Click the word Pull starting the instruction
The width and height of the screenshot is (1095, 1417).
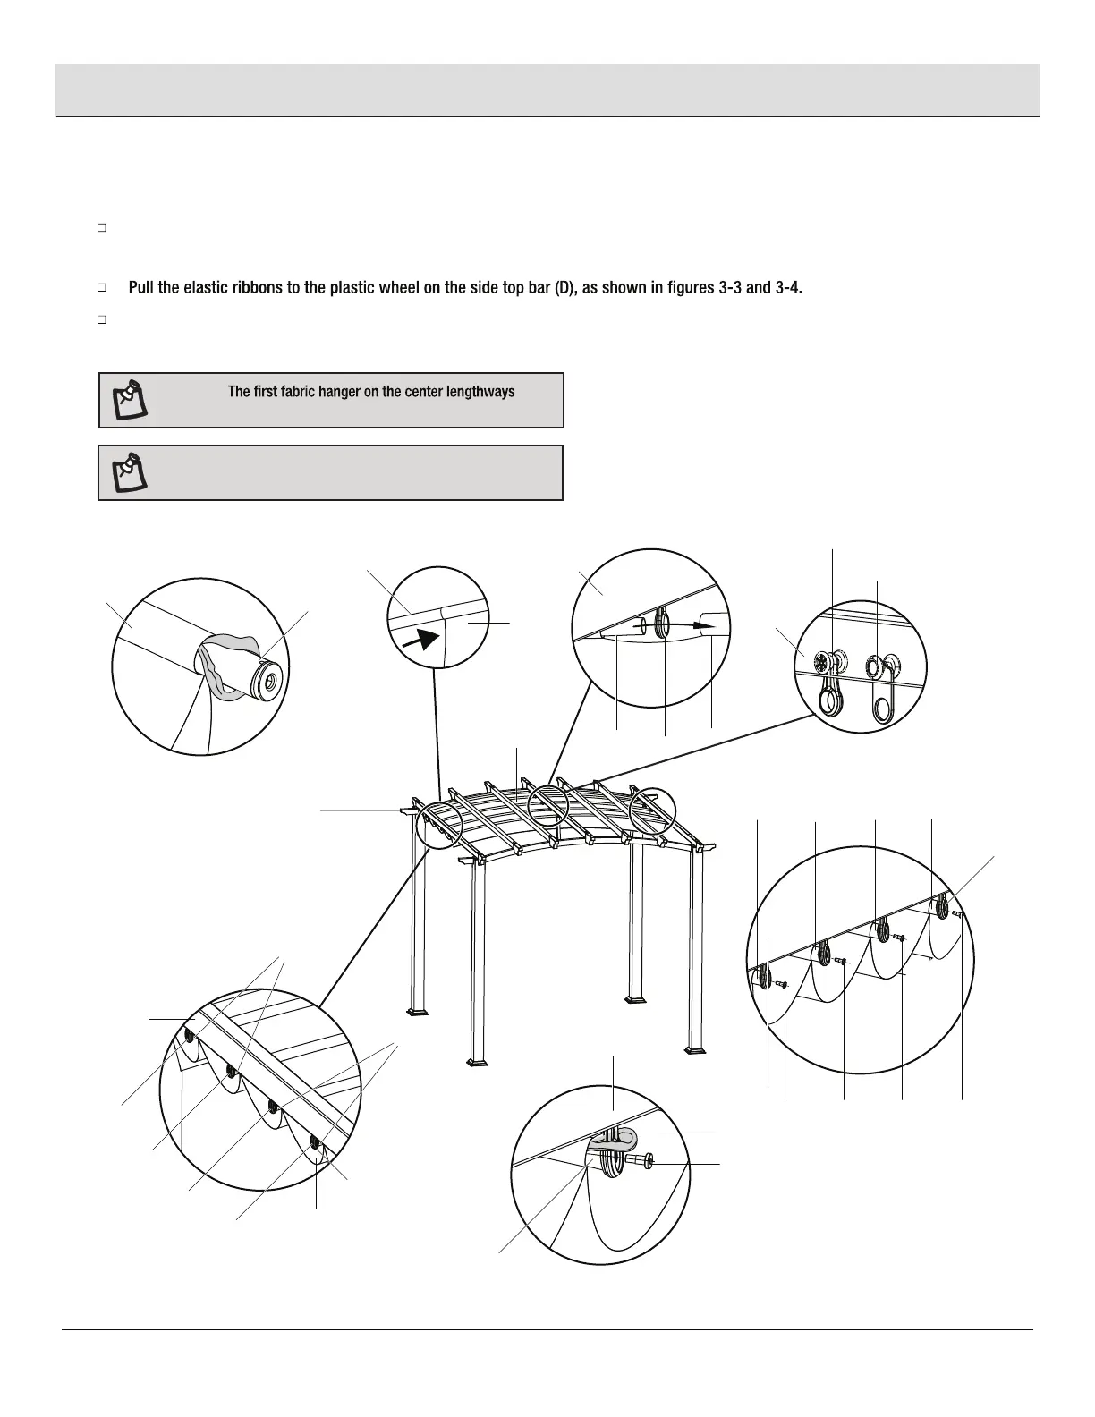[142, 288]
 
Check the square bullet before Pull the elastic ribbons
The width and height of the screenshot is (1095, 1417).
[102, 288]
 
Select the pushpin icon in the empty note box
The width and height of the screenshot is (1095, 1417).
[127, 472]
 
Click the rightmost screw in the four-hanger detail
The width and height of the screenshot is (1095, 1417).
[957, 914]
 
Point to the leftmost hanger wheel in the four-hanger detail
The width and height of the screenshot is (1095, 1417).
[764, 976]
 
